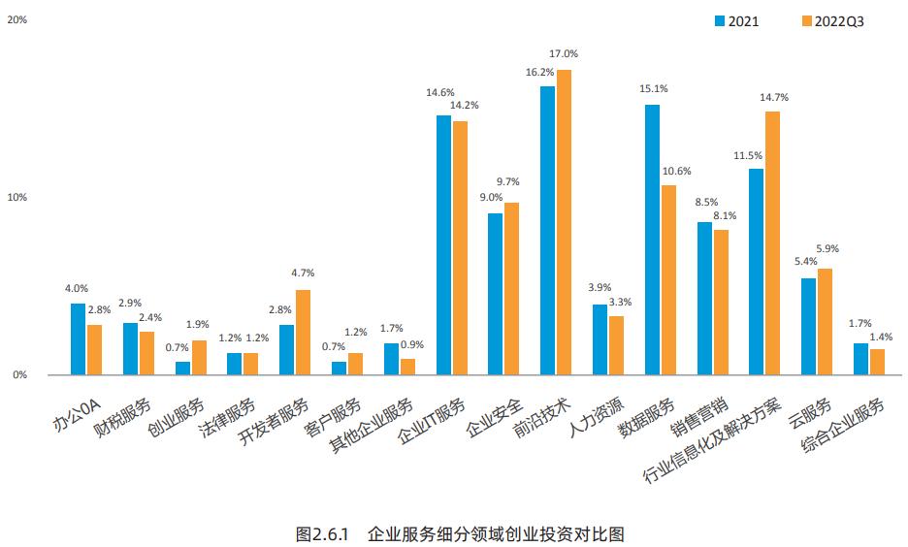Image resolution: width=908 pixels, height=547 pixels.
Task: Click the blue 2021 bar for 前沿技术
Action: coord(547,230)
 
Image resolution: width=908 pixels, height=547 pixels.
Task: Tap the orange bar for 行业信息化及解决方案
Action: coord(772,242)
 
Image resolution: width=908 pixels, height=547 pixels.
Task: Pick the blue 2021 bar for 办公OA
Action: coord(78,338)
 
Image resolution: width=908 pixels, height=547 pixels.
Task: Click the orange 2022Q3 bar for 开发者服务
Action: coord(303,332)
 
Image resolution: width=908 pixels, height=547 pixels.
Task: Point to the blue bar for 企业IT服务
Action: coord(443,244)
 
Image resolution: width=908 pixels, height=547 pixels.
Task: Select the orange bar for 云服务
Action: coord(825,321)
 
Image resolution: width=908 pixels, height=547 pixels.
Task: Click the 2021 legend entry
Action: coord(736,20)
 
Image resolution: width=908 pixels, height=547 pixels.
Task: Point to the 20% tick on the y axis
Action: coord(16,18)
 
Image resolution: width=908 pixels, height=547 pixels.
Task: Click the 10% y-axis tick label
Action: coord(16,197)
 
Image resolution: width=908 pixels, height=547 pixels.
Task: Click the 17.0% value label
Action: coord(564,54)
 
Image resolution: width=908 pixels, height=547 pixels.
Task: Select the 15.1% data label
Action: coord(653,89)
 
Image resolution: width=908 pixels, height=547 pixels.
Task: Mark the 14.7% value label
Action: coord(773,97)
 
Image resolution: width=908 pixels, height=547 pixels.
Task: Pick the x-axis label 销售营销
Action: coord(704,415)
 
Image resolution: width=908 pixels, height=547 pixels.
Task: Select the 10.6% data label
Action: coord(677,172)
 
